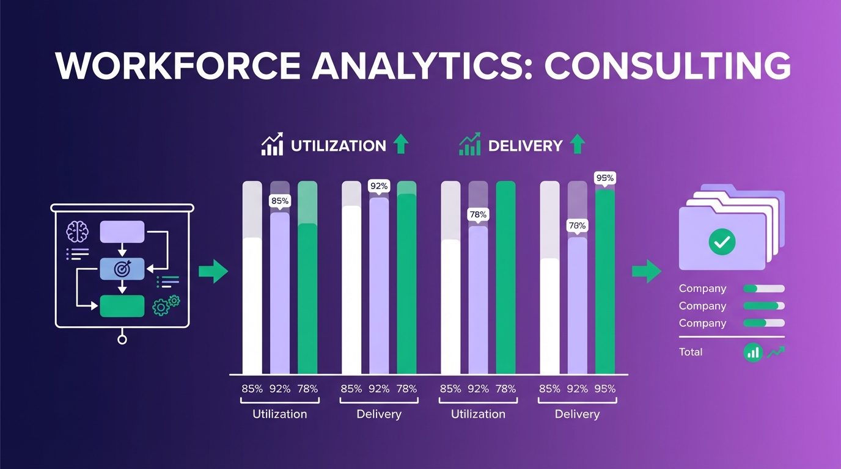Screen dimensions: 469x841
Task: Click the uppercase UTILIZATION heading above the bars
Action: tap(338, 146)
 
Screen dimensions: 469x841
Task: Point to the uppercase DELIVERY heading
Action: tap(524, 146)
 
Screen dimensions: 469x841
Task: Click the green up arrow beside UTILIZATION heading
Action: tap(400, 145)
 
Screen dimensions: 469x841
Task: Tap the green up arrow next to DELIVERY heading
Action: tap(576, 145)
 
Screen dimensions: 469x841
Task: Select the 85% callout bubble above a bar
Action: tap(280, 200)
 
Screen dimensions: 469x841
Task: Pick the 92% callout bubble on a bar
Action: tap(379, 186)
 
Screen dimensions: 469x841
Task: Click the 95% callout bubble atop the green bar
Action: tap(604, 178)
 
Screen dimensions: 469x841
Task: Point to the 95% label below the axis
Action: tap(604, 388)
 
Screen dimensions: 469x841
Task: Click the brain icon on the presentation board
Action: tap(78, 231)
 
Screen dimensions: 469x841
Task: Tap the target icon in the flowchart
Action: tap(122, 268)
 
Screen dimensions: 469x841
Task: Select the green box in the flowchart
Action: tap(122, 305)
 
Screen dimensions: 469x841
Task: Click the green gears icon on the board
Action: tap(166, 304)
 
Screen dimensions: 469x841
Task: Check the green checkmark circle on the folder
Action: tap(722, 242)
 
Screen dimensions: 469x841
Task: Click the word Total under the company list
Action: tap(691, 352)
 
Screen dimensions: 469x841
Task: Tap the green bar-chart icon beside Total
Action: tap(753, 352)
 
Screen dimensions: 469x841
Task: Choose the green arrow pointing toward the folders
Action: tap(646, 271)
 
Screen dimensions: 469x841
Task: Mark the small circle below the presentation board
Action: tap(122, 339)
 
